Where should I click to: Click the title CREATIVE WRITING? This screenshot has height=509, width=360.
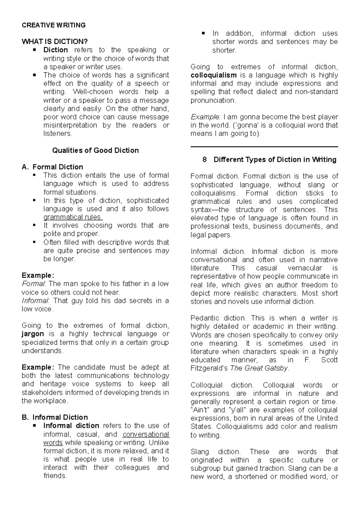click(54, 25)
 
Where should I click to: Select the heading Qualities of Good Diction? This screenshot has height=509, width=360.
click(95, 150)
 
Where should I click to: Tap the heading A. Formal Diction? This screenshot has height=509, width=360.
click(52, 167)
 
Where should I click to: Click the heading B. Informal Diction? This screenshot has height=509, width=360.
click(55, 417)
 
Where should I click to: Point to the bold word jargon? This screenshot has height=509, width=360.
click(33, 334)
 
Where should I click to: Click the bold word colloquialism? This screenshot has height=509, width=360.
click(214, 75)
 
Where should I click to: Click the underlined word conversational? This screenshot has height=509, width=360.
click(146, 434)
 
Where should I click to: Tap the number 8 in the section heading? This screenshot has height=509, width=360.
click(205, 160)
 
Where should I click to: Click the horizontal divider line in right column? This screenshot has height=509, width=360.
click(264, 147)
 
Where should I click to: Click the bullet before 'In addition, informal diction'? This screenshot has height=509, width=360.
click(204, 33)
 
